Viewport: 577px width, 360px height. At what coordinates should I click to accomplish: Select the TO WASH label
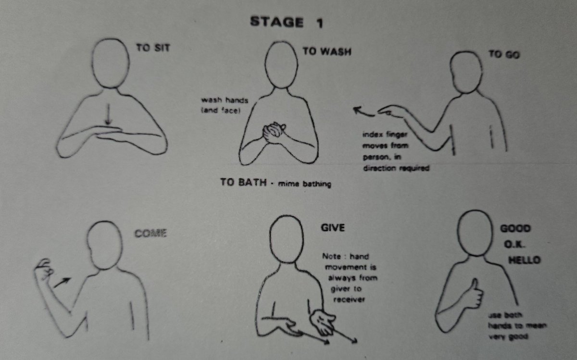pos(326,51)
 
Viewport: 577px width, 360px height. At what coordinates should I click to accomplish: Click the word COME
pos(150,234)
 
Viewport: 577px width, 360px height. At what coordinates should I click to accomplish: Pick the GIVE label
pos(333,227)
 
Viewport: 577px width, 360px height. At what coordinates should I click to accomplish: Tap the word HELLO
pos(525,260)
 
